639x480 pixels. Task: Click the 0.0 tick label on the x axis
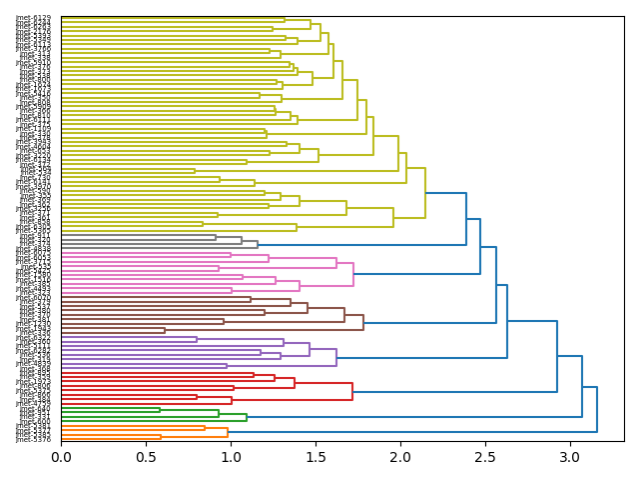click(61, 457)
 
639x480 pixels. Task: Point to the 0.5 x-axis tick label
click(146, 457)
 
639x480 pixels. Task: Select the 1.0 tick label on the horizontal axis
click(231, 457)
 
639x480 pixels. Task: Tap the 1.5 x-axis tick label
click(316, 457)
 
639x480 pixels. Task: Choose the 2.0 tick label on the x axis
click(400, 457)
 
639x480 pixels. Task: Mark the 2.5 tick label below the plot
click(486, 457)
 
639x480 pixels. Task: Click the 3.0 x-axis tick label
click(571, 457)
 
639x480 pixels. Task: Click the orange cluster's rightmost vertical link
click(228, 432)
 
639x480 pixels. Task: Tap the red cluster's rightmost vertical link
click(352, 391)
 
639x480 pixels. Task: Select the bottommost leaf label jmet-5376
click(33, 439)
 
